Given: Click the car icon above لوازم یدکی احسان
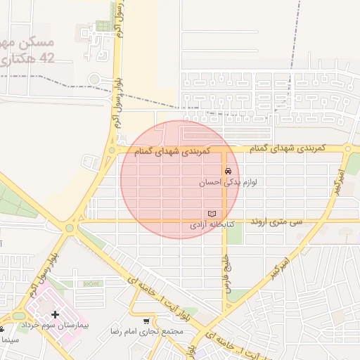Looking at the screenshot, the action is click(x=228, y=172).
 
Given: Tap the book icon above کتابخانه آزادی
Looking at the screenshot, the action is click(x=212, y=214).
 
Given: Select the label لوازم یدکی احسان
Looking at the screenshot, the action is click(x=227, y=182).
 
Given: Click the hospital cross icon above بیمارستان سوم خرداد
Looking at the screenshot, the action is click(x=56, y=314).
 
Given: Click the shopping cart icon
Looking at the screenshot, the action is click(x=146, y=321).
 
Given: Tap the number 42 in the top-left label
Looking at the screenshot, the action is click(x=46, y=58).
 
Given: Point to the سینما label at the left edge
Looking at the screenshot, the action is click(x=8, y=340).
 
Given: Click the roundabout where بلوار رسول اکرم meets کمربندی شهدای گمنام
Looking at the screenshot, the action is click(x=111, y=150).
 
